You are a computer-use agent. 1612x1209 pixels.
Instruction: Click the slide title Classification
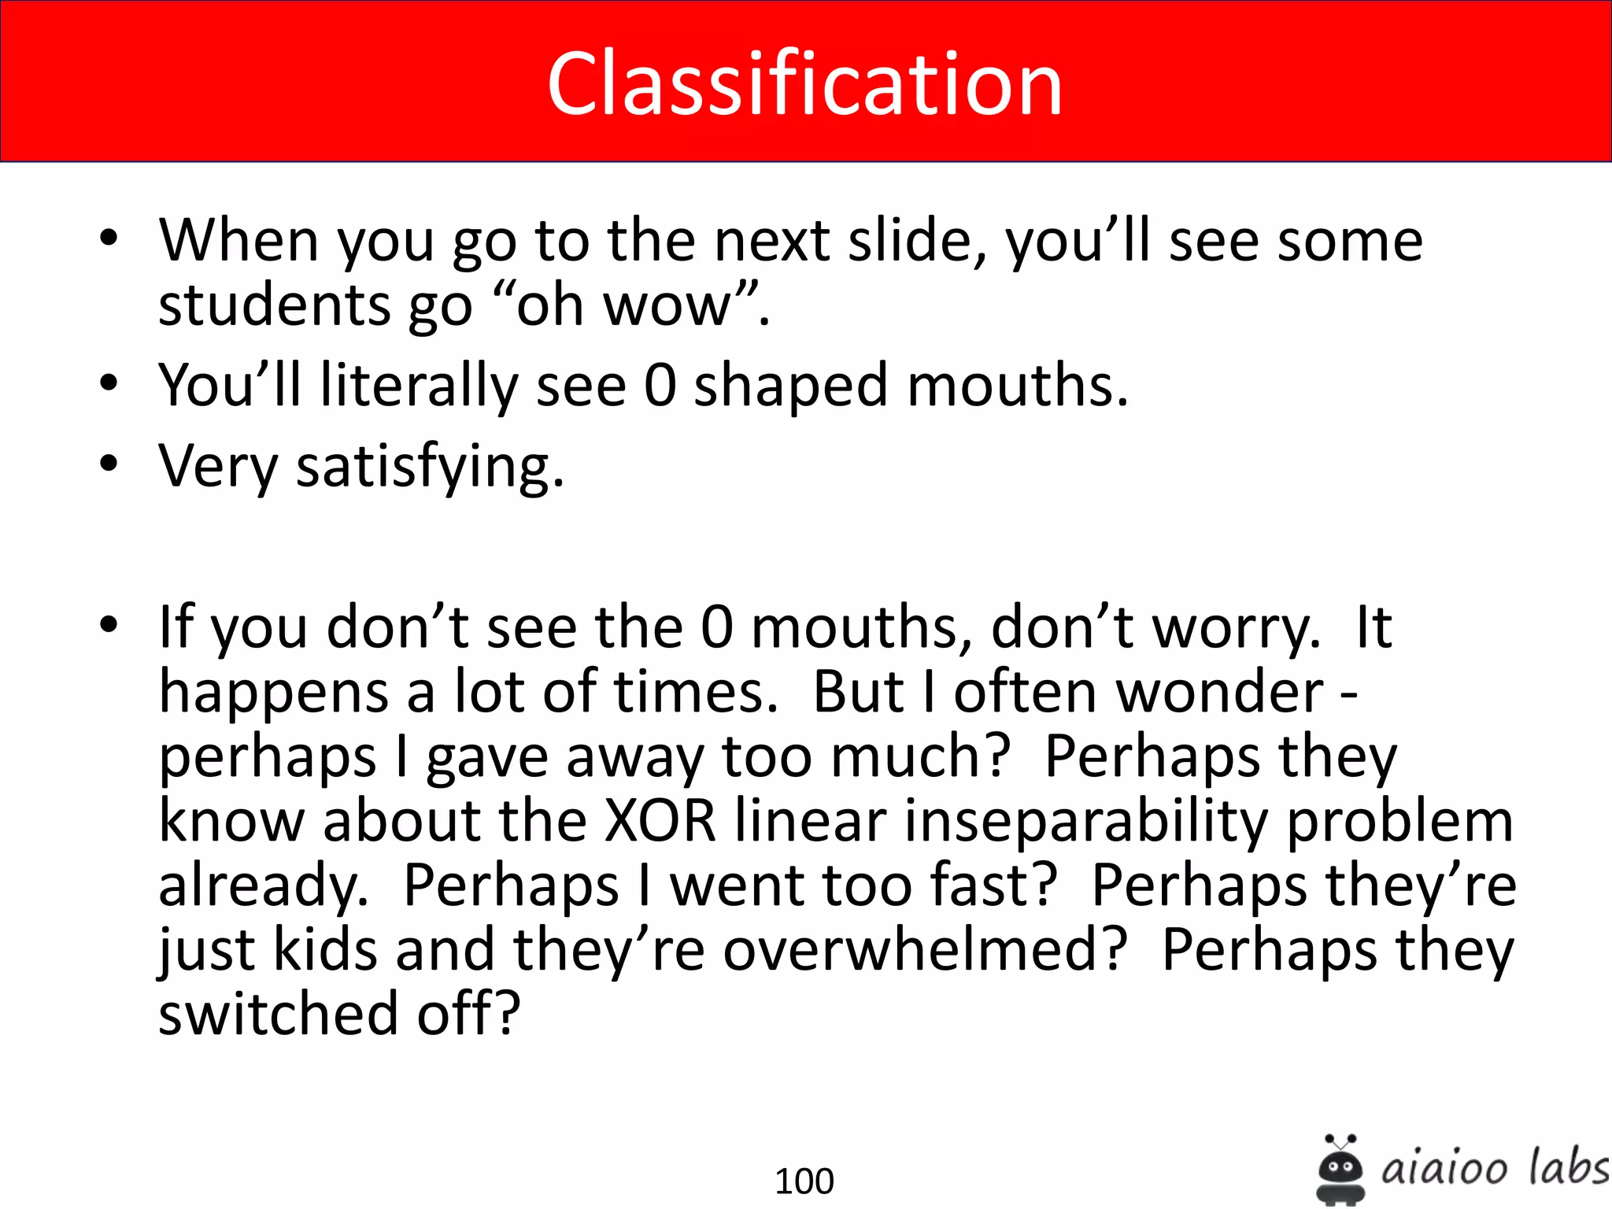tap(804, 83)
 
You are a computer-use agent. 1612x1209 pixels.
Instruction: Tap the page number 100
tap(804, 1181)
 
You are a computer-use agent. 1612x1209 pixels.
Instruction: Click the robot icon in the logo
tap(1340, 1170)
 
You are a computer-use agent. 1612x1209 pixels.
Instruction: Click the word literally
tap(419, 386)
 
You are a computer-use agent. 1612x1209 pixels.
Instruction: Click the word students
tap(274, 305)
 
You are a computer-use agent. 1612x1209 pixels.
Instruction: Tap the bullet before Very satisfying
tap(109, 464)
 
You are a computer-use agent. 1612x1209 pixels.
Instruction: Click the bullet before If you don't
tap(109, 625)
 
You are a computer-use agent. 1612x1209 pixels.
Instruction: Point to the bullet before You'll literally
tap(109, 383)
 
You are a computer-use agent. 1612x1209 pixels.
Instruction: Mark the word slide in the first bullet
tap(917, 240)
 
